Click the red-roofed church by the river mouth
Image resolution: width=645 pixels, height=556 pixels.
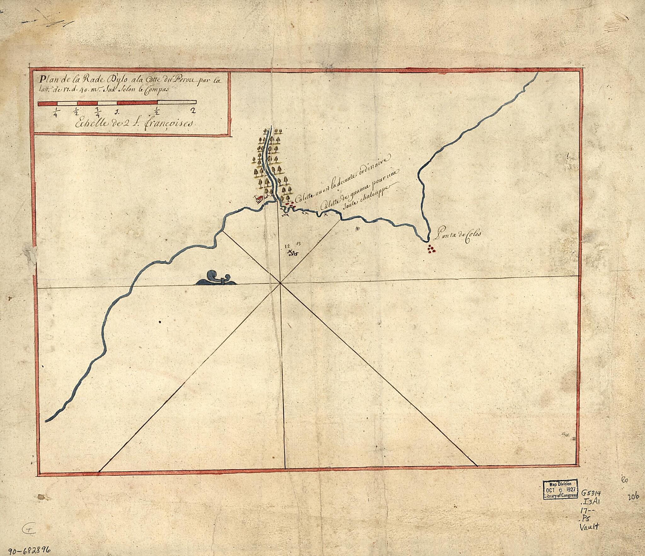[259, 200]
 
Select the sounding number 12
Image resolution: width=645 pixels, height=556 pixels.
[287, 246]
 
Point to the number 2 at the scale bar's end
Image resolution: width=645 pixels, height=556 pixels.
[193, 111]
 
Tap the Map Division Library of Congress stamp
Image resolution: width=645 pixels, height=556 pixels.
[561, 489]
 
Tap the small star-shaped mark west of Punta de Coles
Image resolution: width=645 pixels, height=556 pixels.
[357, 228]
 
